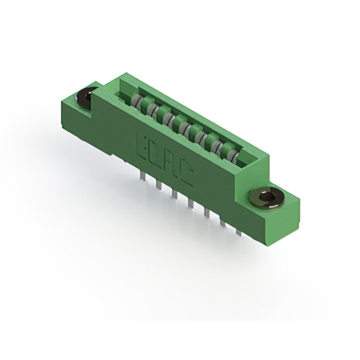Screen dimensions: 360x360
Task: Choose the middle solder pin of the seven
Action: (x=191, y=203)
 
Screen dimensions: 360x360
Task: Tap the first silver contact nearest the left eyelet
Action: (x=136, y=102)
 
